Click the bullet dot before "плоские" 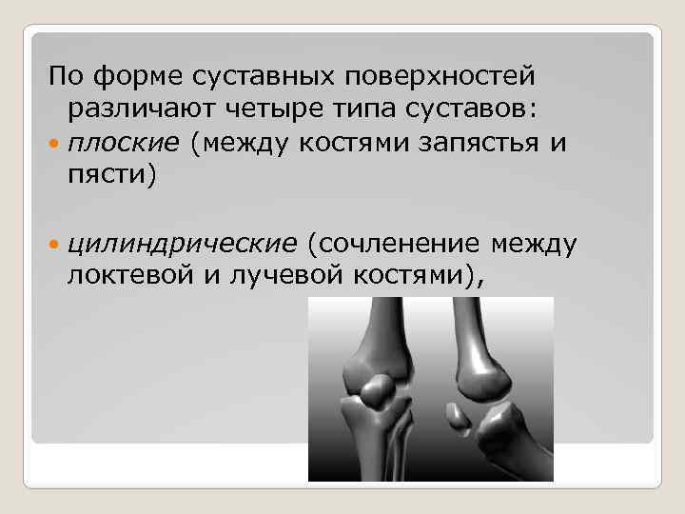click(x=53, y=145)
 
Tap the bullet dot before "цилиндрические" click(x=53, y=246)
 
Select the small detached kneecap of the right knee click(x=456, y=413)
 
